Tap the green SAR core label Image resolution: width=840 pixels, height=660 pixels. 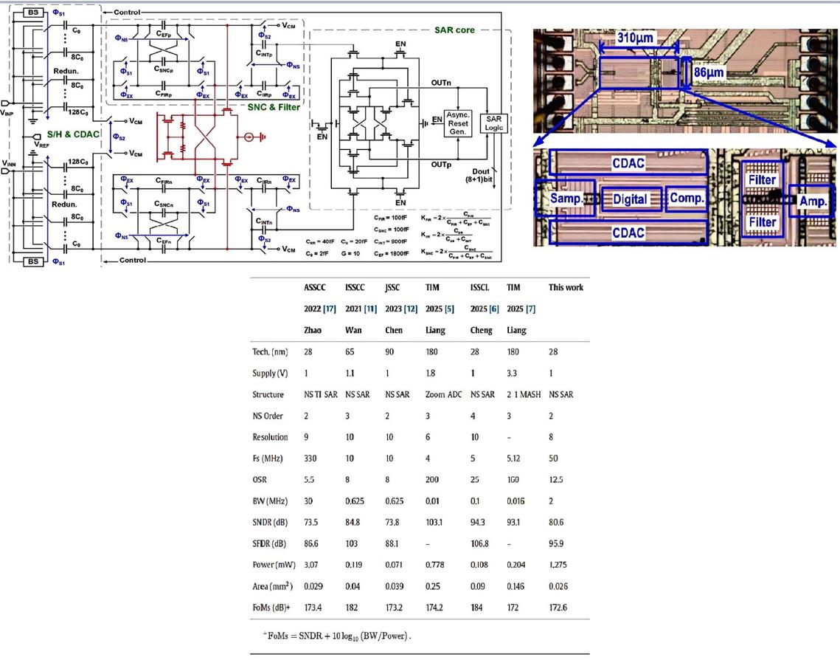(x=455, y=30)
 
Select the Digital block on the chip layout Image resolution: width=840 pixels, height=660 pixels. (x=631, y=199)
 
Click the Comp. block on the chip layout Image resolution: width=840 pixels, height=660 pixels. (x=687, y=199)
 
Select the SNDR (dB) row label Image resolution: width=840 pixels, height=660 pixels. (x=272, y=523)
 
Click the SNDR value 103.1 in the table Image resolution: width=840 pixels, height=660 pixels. (x=436, y=523)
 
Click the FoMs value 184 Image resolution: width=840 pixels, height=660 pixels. (x=478, y=608)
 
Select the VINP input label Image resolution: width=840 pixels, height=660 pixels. (x=8, y=112)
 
